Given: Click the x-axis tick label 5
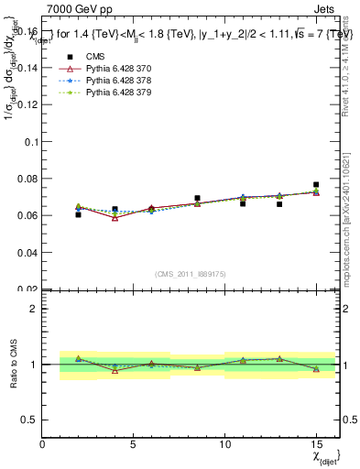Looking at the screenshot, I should click(x=134, y=444).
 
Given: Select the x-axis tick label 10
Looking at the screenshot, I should click(x=224, y=444).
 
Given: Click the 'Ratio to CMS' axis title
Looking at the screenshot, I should click(x=13, y=365).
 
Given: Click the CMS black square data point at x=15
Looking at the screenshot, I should click(x=316, y=185).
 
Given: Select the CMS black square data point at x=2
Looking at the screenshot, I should click(x=79, y=214).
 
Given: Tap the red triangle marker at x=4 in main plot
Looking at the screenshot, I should click(x=115, y=218).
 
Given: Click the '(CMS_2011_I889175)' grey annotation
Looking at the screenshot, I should click(x=191, y=273).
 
